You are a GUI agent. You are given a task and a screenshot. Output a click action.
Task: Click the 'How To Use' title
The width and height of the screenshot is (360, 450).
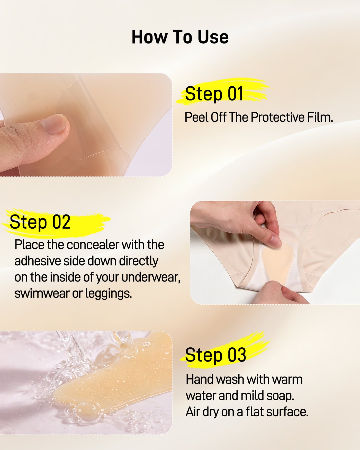click(180, 37)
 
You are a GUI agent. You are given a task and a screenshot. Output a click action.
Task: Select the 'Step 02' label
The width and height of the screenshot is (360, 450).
click(40, 222)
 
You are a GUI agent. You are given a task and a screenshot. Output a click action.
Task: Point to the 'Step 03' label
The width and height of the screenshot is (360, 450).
click(215, 355)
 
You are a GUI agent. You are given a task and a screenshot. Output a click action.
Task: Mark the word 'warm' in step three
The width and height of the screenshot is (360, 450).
click(287, 380)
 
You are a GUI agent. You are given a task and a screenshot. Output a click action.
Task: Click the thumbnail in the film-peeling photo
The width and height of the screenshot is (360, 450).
click(55, 124)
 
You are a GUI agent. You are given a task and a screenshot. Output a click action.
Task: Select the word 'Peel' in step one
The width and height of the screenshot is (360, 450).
click(197, 117)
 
